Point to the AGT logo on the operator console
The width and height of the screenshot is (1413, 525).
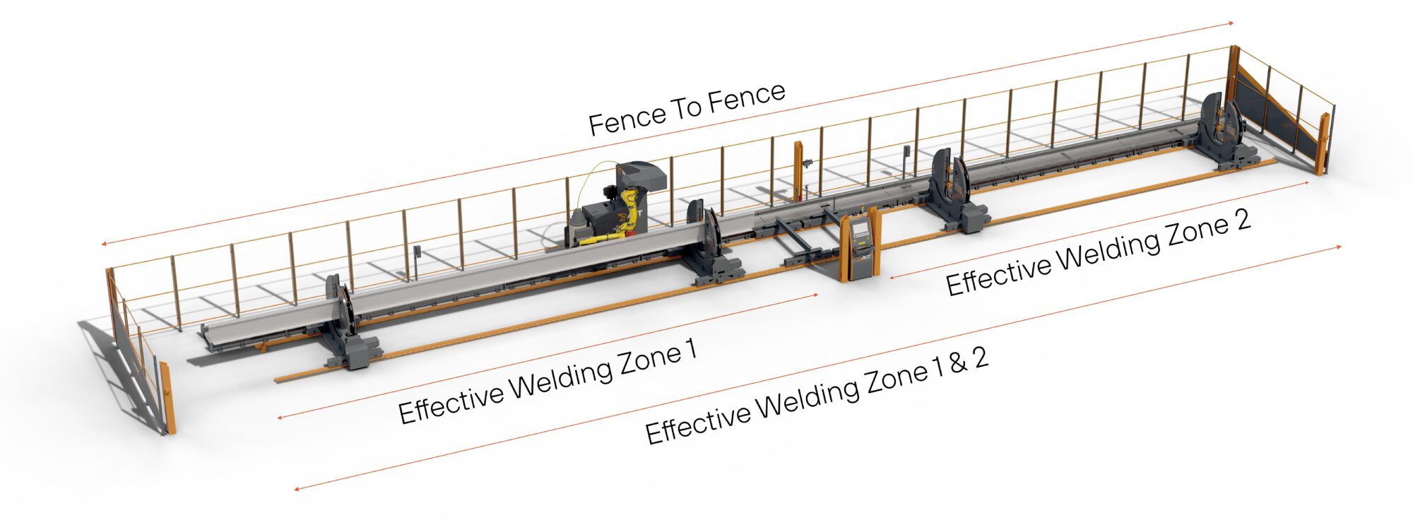(861, 259)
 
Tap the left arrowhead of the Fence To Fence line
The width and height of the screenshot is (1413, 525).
(104, 244)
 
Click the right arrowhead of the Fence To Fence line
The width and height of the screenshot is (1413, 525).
(1230, 23)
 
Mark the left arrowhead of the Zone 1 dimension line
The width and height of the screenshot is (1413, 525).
(280, 418)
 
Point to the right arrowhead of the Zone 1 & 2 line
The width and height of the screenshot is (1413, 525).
(1337, 247)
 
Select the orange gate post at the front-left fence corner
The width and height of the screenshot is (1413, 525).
(167, 398)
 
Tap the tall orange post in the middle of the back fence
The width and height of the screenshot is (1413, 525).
(798, 172)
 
